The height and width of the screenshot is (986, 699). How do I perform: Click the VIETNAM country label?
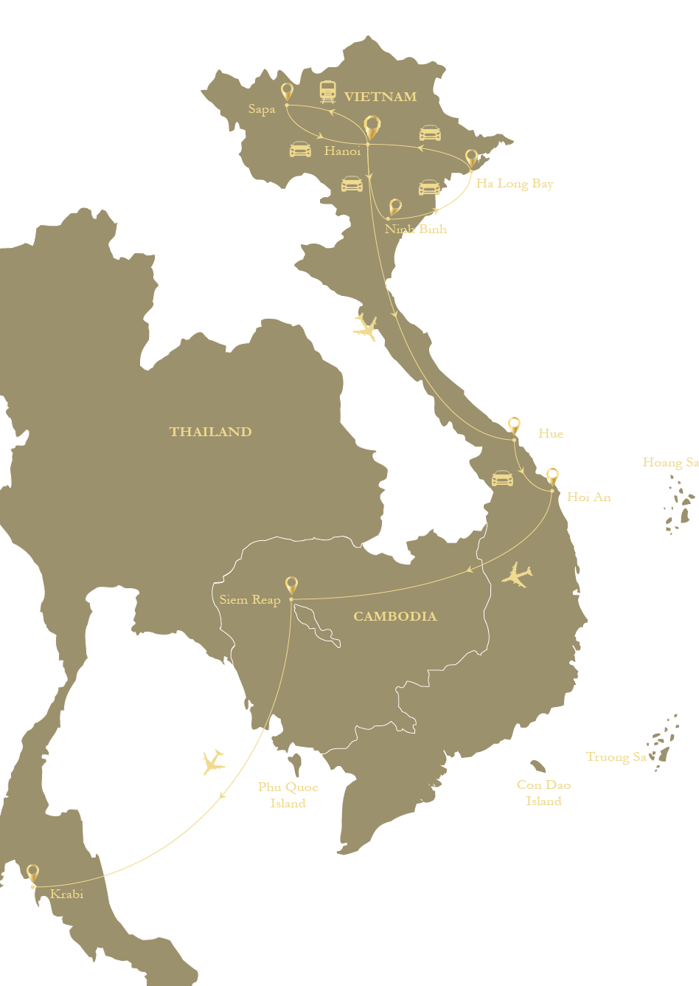click(x=380, y=97)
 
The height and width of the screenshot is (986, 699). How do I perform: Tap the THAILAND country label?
click(x=211, y=432)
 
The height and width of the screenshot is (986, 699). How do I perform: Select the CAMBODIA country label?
click(x=395, y=616)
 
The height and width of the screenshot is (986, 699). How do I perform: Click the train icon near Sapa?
click(x=328, y=92)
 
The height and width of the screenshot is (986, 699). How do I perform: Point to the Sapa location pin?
click(x=287, y=92)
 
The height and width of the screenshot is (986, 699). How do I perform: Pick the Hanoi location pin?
click(x=372, y=128)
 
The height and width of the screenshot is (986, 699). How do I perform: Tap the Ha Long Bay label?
click(x=515, y=183)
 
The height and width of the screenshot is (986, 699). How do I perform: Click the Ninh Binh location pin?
click(x=395, y=207)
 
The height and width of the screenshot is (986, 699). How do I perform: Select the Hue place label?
click(x=551, y=433)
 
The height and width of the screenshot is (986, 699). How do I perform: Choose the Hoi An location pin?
click(x=552, y=477)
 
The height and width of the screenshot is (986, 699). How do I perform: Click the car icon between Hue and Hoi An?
click(x=502, y=478)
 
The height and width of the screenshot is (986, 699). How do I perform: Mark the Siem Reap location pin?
click(x=292, y=585)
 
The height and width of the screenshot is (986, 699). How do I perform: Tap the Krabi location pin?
click(x=32, y=874)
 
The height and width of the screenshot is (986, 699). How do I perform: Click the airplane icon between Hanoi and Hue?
click(x=365, y=327)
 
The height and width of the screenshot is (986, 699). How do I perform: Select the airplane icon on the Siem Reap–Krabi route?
click(x=213, y=762)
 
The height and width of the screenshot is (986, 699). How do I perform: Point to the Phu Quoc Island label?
click(x=288, y=795)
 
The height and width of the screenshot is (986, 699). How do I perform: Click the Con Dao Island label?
click(x=544, y=793)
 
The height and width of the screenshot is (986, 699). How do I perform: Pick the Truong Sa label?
click(x=616, y=756)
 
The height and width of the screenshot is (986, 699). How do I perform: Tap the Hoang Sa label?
click(x=670, y=462)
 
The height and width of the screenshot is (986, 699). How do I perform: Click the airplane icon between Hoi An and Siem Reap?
click(x=518, y=575)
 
